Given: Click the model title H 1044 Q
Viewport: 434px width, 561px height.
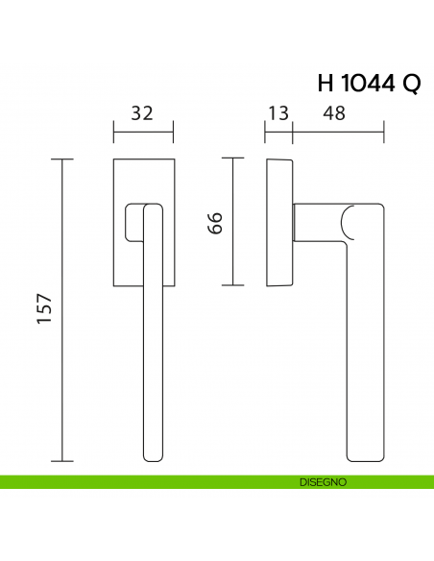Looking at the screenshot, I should pos(368,84).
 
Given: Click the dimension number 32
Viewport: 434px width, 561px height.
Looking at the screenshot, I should pos(142,113).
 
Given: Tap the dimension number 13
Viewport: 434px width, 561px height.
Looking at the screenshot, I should pos(278,113).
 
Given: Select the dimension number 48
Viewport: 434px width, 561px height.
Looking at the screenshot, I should pos(334,113).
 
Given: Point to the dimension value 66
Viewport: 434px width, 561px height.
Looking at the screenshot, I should pos(216,222).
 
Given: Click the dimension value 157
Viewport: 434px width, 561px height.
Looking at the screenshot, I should pos(44,309).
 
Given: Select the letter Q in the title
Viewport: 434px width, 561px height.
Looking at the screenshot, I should pos(410,84).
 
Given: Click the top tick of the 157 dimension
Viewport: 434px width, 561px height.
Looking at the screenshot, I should pos(63,158).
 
